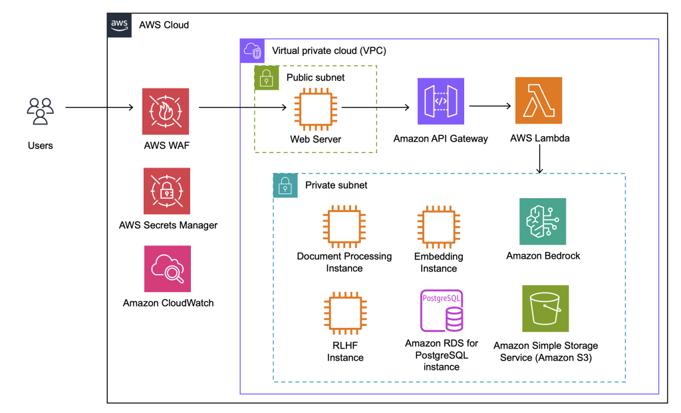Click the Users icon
(40, 111)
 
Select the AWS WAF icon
(166, 111)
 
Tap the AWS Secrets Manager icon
(166, 191)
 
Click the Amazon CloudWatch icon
(168, 269)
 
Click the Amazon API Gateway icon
(440, 101)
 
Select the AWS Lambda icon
(538, 101)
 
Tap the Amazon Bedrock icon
(543, 221)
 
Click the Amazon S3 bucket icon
(545, 309)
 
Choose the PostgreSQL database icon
(442, 311)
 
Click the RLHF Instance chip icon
(344, 313)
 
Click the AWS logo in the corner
(119, 25)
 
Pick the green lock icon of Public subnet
(266, 77)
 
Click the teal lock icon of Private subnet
(285, 186)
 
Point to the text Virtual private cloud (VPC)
(329, 51)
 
